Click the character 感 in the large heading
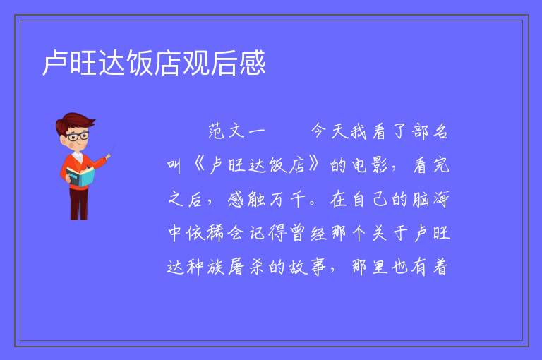[x=253, y=63]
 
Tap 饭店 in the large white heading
[x=154, y=63]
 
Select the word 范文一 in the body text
[x=236, y=131]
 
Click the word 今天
[x=330, y=131]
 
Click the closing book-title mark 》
[x=315, y=165]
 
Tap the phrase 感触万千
[x=267, y=199]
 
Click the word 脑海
[x=430, y=199]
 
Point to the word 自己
[x=371, y=199]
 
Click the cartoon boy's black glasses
[x=78, y=136]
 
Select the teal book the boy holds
[x=80, y=176]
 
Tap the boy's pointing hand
[x=108, y=157]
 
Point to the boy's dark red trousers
[x=79, y=204]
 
